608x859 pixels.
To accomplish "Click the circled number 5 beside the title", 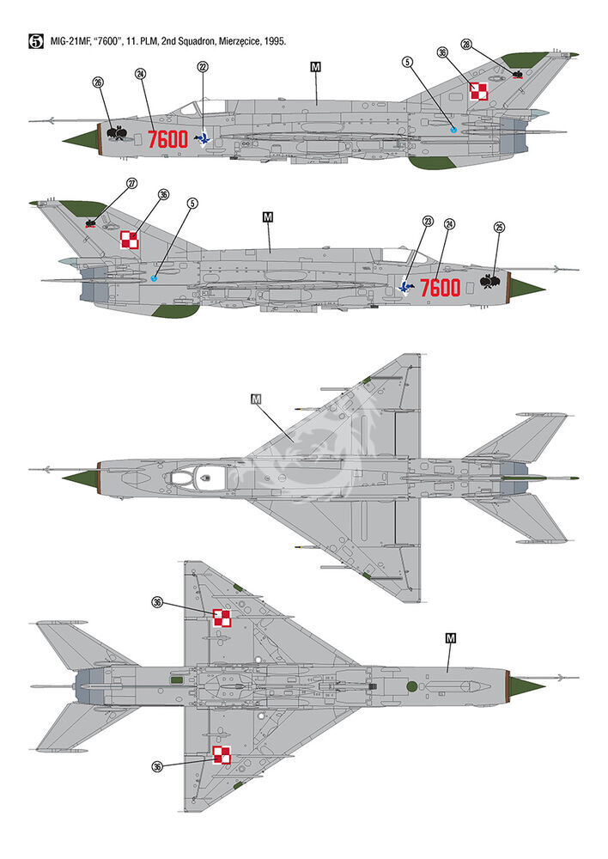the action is (35, 41).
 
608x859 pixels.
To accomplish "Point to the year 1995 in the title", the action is (275, 41).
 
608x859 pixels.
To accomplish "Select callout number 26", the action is (98, 82).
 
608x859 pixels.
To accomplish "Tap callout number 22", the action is (203, 67).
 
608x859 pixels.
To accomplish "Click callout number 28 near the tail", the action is (466, 45).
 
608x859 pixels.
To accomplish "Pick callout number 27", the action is (132, 184).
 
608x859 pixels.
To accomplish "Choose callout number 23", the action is (428, 222).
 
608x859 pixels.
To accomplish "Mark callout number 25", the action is (499, 228).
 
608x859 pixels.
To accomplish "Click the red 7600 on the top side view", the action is (168, 140).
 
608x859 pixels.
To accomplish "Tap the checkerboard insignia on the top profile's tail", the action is (478, 91).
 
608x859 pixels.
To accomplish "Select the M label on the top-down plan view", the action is (256, 399).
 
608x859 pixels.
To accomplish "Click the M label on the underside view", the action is (451, 638).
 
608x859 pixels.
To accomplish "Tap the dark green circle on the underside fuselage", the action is (411, 685).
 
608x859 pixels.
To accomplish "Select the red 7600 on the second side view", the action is (441, 288).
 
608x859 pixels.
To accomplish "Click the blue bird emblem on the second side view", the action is (406, 287).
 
